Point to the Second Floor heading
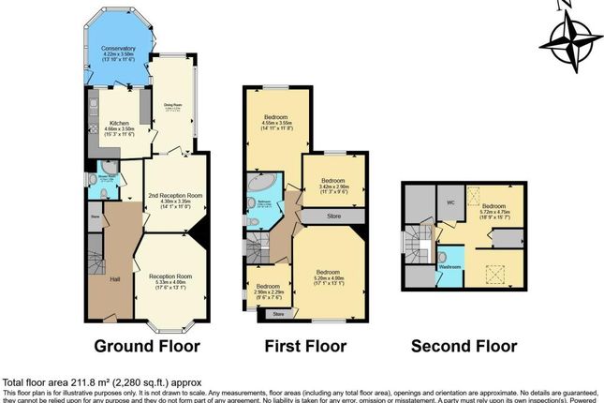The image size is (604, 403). coord(464,346)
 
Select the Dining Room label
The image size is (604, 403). coord(173,106)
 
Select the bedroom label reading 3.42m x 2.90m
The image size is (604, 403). coord(334,181)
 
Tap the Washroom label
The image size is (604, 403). coord(451,267)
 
